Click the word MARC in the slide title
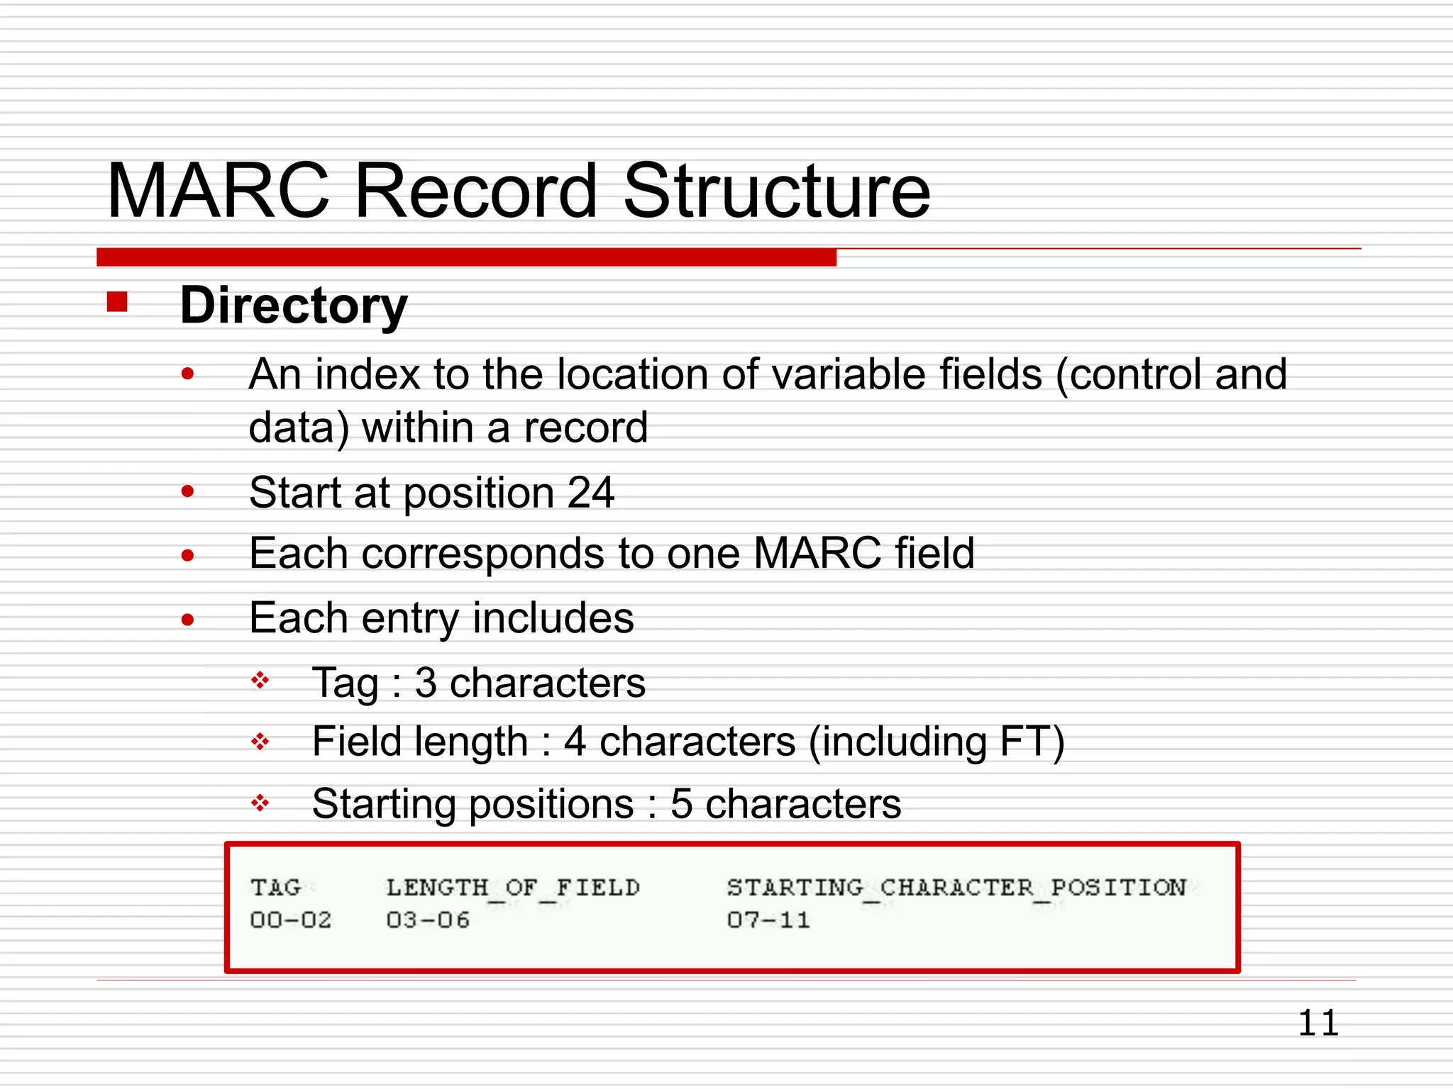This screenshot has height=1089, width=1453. click(219, 191)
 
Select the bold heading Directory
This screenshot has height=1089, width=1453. click(294, 306)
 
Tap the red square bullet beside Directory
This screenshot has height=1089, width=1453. click(117, 302)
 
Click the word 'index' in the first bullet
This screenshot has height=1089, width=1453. click(367, 374)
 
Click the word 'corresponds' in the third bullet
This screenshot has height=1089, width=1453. click(482, 554)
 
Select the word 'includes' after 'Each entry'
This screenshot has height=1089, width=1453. click(553, 618)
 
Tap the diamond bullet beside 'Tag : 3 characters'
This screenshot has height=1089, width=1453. click(260, 681)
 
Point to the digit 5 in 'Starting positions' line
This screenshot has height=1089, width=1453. click(681, 804)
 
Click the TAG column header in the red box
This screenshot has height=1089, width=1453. click(276, 887)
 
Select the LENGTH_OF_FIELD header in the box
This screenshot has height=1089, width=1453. click(513, 888)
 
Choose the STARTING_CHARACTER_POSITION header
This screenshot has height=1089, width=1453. click(956, 888)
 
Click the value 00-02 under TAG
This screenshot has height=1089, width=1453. click(291, 920)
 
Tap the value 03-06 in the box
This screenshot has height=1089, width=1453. click(428, 920)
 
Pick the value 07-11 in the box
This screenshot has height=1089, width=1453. click(768, 920)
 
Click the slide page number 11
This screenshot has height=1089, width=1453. click(1318, 1023)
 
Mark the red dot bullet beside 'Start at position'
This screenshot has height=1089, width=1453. click(187, 491)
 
